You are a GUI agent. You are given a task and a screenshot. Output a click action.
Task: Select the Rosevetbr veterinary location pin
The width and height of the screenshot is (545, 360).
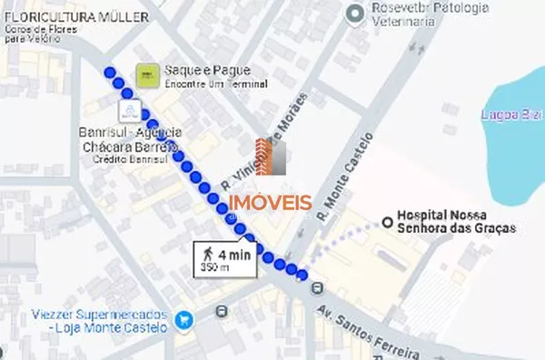pos(355,13)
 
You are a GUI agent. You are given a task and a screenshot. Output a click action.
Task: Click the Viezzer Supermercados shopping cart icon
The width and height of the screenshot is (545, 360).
pos(185,320)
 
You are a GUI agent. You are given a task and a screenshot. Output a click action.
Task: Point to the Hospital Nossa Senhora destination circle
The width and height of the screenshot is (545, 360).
pos(387,222)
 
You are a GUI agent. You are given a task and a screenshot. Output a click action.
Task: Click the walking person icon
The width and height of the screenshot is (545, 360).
pos(208,254)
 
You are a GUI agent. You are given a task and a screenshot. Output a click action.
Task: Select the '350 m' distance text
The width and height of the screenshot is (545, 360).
pos(215,268)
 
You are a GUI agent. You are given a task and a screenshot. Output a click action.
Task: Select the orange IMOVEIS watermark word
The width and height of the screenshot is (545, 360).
pos(270,204)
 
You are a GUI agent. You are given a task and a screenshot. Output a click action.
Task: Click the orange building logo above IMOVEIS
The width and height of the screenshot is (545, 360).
pos(271,156)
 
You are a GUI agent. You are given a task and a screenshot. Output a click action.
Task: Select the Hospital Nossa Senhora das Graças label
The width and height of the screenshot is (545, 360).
pos(456,221)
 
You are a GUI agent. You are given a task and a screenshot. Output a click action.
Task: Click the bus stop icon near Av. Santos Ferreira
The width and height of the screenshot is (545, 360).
pos(316,288)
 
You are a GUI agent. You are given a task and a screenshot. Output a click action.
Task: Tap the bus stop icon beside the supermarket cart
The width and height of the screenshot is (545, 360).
pos(221,312)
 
